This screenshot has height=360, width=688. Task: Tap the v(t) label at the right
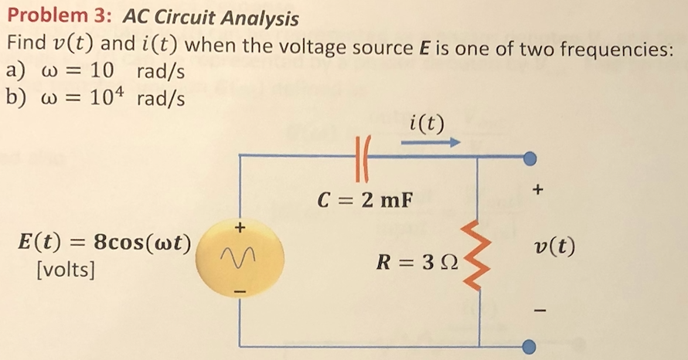(x=554, y=249)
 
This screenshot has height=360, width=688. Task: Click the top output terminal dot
(x=530, y=158)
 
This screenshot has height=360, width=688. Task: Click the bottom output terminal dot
(x=530, y=346)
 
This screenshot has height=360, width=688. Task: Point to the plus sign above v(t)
(x=539, y=189)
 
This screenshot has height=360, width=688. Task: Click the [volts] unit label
(x=54, y=271)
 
